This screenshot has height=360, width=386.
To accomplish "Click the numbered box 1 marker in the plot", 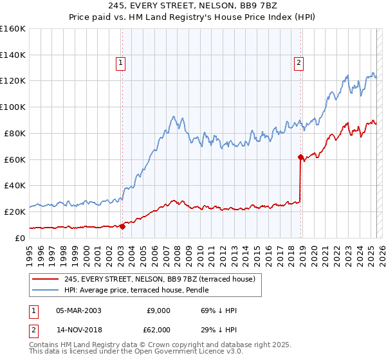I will (x=121, y=62).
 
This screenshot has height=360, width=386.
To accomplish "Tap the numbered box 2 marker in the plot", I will (x=300, y=62).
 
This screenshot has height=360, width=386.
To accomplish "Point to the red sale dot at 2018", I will (x=300, y=156).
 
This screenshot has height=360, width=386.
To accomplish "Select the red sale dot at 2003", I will (x=122, y=226).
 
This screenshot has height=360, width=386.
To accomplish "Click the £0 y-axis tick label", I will (x=21, y=238).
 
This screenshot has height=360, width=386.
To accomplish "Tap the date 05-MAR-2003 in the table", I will (x=78, y=310).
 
